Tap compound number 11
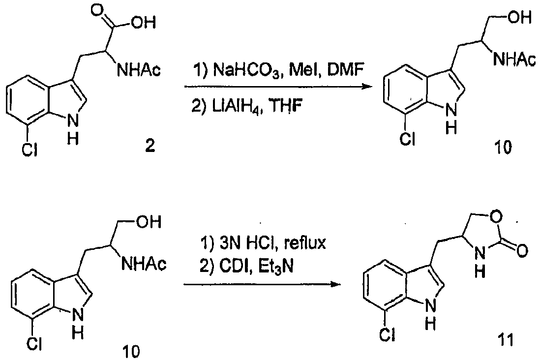[x=505, y=340]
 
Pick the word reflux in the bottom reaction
[x=305, y=243]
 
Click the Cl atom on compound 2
[x=30, y=150]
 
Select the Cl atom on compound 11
[x=387, y=334]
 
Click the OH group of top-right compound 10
[x=520, y=17]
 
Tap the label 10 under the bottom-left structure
[x=131, y=351]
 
